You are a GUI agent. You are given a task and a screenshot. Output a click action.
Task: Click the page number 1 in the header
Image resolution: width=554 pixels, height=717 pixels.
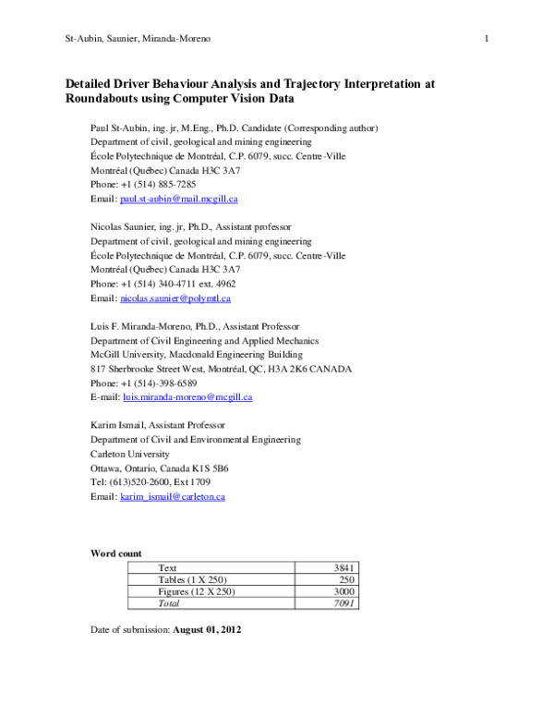[486, 38]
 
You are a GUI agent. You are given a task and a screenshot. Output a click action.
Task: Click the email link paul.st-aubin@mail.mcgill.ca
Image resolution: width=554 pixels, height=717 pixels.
[179, 199]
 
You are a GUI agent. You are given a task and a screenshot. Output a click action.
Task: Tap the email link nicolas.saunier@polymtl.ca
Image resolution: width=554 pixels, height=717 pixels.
[175, 298]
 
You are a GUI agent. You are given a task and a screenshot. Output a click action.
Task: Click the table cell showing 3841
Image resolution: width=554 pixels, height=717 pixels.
[343, 567]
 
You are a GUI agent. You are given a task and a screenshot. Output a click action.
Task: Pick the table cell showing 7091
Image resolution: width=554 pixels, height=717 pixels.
[343, 603]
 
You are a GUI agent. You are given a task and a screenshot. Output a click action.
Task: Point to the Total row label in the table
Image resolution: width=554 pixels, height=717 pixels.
[169, 603]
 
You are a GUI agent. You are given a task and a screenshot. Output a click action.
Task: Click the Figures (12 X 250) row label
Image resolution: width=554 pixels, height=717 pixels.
[197, 591]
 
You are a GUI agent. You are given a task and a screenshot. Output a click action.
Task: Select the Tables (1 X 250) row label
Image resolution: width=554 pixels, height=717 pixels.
[193, 579]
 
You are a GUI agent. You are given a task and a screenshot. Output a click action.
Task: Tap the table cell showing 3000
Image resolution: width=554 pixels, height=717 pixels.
[343, 591]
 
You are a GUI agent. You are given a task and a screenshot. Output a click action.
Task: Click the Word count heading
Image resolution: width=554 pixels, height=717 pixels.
[115, 553]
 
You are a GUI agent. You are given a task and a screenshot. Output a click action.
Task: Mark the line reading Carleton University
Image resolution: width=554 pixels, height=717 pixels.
[129, 455]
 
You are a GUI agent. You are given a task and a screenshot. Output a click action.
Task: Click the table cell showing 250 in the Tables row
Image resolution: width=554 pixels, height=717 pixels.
[345, 579]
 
